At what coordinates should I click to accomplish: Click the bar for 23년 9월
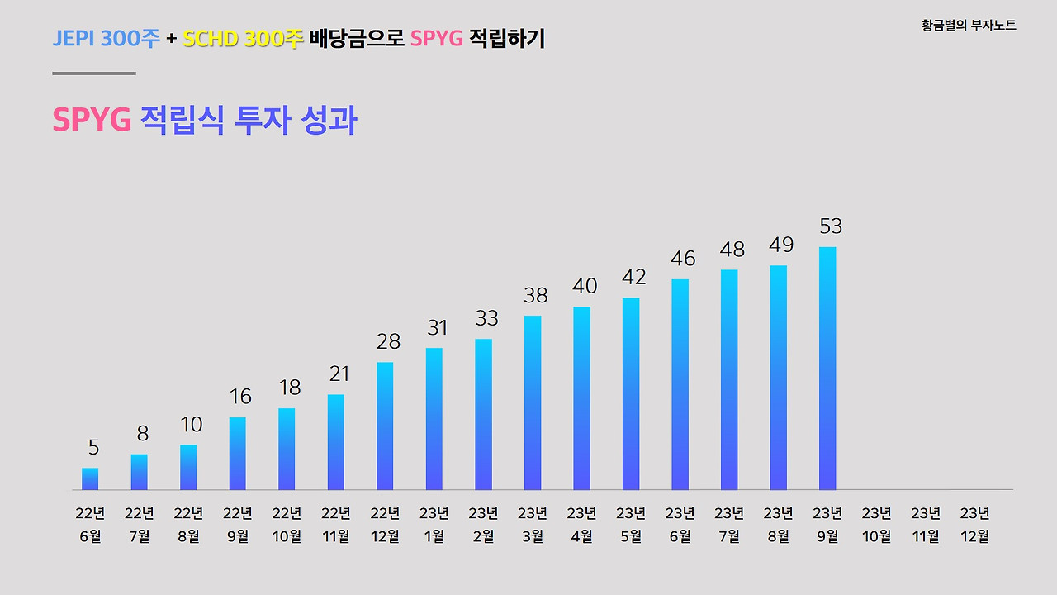click(x=827, y=369)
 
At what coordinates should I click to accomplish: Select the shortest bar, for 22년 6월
click(x=90, y=479)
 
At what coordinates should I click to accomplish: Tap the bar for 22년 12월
click(x=385, y=426)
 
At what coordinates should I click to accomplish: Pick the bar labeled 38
click(x=533, y=403)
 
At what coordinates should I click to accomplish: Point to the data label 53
click(x=831, y=226)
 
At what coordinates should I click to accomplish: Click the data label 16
click(x=240, y=397)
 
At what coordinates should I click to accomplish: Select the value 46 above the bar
click(x=683, y=259)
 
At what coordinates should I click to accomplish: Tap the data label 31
click(x=437, y=328)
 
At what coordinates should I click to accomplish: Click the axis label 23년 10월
click(x=876, y=525)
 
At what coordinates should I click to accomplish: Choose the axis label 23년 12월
click(x=975, y=525)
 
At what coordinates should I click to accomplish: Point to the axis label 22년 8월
click(x=188, y=525)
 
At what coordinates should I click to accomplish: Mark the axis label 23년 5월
click(x=631, y=525)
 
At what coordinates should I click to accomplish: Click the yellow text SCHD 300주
click(x=244, y=39)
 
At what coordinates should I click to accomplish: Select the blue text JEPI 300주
click(x=107, y=39)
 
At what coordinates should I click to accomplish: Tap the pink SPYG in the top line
click(x=436, y=39)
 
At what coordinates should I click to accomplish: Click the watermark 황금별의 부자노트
click(x=969, y=26)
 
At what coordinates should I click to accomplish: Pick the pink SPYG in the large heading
click(x=92, y=121)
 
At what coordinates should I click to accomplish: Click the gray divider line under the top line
click(x=94, y=74)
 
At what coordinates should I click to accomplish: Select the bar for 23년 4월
click(x=581, y=398)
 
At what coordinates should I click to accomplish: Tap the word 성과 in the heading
click(x=330, y=121)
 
